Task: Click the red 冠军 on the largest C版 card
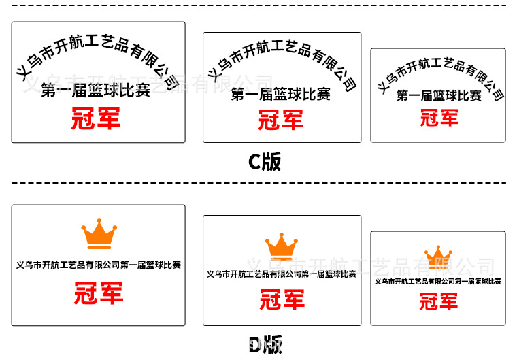[96, 118]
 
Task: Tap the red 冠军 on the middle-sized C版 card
[280, 121]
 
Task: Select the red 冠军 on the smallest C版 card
[439, 118]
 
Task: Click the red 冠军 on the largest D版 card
[99, 294]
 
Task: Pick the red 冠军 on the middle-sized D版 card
[282, 299]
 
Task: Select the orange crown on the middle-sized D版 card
[282, 246]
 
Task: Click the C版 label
[264, 162]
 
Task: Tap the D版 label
[265, 346]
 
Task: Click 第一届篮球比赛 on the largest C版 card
[96, 90]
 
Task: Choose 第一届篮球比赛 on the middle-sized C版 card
[280, 95]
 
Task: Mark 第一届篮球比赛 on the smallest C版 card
[439, 96]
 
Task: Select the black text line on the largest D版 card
[99, 265]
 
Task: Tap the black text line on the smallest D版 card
[439, 281]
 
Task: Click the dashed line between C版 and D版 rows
[258, 183]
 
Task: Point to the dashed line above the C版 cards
[258, 5]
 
